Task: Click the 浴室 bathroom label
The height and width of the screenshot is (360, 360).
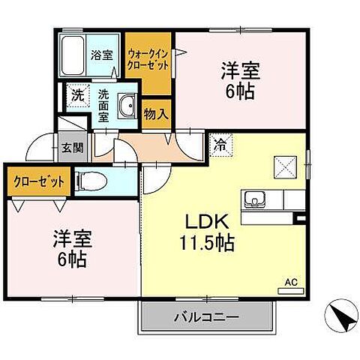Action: click(x=101, y=54)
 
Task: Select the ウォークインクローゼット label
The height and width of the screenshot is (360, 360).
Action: click(x=148, y=58)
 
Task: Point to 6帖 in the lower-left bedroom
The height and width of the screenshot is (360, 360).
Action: click(x=72, y=260)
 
